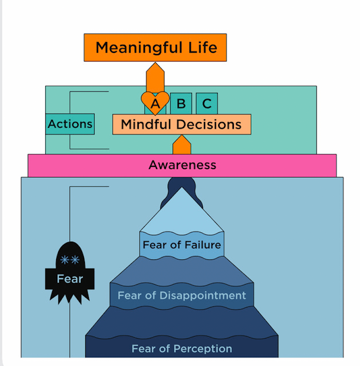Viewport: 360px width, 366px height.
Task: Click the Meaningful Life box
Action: [x=155, y=47]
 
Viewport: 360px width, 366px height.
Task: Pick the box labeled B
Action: [x=181, y=104]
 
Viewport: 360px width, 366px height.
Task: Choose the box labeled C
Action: [x=206, y=104]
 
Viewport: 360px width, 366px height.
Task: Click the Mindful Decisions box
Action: [x=181, y=124]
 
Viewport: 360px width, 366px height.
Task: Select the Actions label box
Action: [x=70, y=124]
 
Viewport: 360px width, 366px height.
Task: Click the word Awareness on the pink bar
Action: [x=182, y=165]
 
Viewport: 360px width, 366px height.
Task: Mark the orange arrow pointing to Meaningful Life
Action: [x=155, y=76]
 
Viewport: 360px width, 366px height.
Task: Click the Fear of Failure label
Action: [x=182, y=245]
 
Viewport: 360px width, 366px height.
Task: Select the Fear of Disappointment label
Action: [x=182, y=296]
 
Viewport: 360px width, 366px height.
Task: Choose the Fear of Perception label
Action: [x=182, y=349]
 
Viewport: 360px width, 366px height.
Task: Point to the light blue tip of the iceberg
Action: [x=181, y=211]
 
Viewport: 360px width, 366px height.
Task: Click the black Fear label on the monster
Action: [x=70, y=279]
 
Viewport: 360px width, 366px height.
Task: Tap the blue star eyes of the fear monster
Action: [x=70, y=259]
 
